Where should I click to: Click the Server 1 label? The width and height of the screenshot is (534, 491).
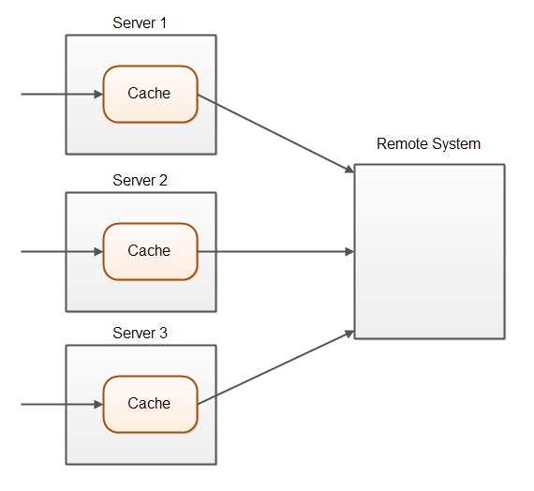pos(140,22)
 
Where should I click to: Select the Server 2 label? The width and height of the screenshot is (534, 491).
pos(140,180)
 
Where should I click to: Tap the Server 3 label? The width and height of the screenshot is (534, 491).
pos(140,333)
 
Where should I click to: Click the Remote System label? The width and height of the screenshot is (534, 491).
pos(428,144)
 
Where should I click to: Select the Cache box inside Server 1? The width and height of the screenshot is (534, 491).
pos(150,94)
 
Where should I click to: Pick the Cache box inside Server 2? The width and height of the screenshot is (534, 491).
pos(150,251)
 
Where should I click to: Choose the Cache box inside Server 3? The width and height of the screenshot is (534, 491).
pos(150,404)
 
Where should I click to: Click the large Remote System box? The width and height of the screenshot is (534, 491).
pos(429,251)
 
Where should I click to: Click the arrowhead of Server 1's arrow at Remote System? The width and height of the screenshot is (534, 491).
pos(349,170)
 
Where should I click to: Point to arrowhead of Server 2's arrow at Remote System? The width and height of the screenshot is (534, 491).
pos(349,251)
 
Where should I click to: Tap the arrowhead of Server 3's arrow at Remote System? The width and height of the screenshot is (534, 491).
pos(349,333)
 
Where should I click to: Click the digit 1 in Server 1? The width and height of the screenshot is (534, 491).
pos(163,22)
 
